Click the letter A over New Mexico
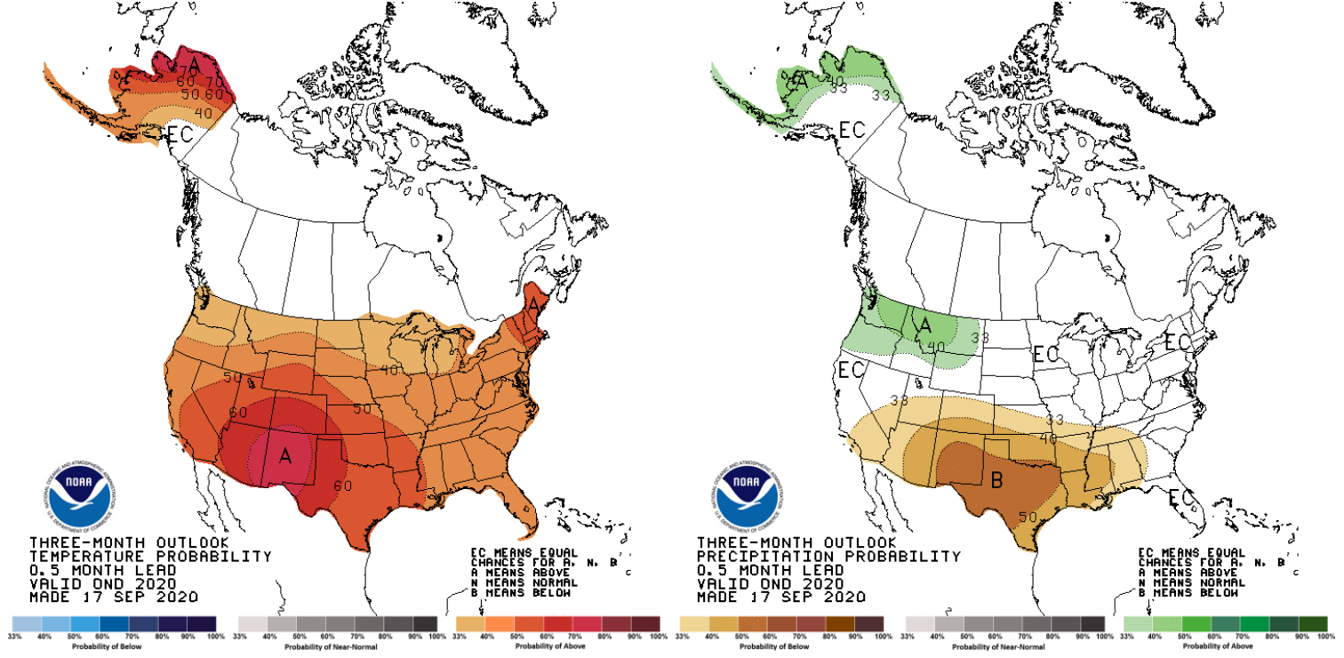pos(285,456)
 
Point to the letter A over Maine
pos(533,304)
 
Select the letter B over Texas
pos(996,481)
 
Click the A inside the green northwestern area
pos(924,326)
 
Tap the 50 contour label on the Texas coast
pos(1028,518)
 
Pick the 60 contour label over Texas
pos(344,485)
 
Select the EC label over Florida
pos(1181,496)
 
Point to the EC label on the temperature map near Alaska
pos(181,135)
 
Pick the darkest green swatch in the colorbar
pos(1321,623)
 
